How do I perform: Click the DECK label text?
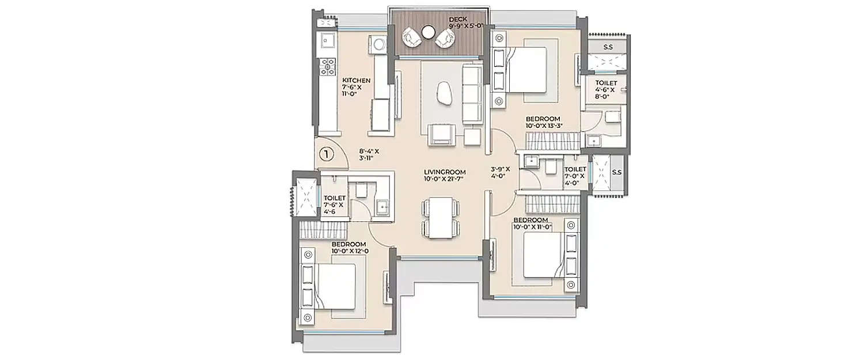(x=458, y=20)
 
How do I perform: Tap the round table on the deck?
(x=428, y=33)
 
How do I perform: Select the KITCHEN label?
(x=357, y=80)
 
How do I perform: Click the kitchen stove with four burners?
(x=328, y=66)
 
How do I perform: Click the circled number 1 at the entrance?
(x=326, y=154)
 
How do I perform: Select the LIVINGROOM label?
(x=444, y=172)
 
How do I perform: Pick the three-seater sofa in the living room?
(x=472, y=93)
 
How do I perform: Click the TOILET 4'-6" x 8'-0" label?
(x=605, y=90)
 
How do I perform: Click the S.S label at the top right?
(x=608, y=47)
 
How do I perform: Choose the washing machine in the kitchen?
(x=380, y=44)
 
